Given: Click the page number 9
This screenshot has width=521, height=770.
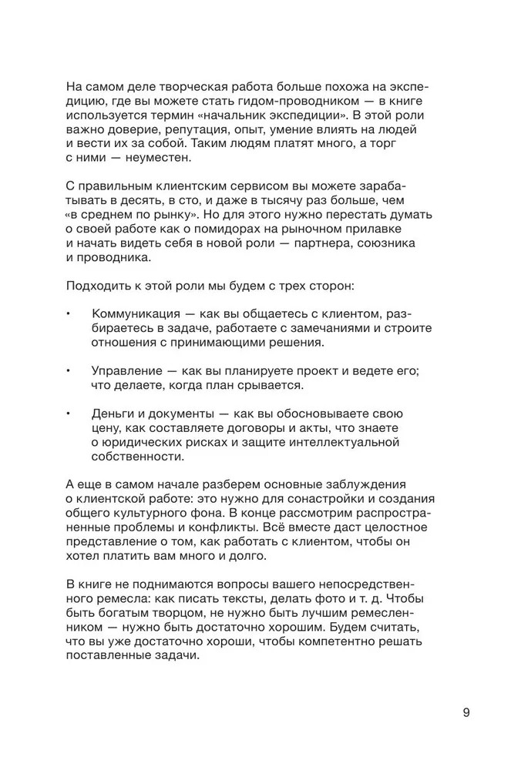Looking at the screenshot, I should (x=466, y=712).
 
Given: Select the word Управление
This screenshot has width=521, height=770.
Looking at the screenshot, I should (x=125, y=370).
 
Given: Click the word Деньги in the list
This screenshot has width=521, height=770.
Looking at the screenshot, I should (x=113, y=413).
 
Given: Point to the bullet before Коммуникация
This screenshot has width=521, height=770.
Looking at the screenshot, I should (x=69, y=314).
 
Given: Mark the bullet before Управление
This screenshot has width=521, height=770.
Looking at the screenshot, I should (x=69, y=370).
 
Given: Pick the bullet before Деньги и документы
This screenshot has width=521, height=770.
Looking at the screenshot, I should (x=69, y=413).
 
